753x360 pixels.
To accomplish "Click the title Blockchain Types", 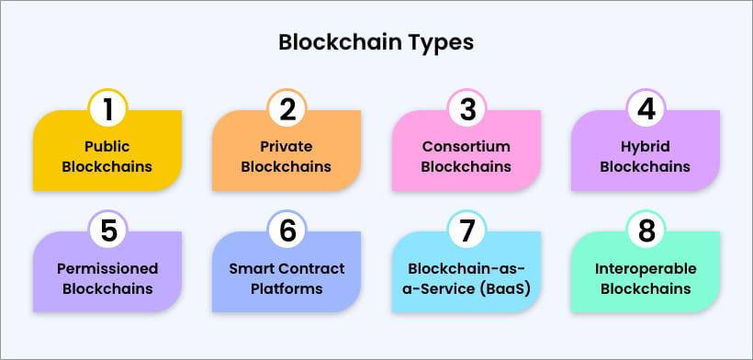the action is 376,42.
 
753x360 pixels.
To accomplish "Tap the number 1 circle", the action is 107,109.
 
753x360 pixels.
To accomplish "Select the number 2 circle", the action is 287,109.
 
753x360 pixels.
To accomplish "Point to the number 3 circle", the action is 466,109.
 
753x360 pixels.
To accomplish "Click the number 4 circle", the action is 646,109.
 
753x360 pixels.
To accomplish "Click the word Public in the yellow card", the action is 107,146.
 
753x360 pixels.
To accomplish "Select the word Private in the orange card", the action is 287,146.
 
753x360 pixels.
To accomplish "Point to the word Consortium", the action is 466,146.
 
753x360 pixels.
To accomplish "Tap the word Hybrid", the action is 646,146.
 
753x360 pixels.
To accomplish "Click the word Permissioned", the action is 107,268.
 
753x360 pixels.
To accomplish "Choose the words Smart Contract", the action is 287,268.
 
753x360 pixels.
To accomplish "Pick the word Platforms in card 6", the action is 287,288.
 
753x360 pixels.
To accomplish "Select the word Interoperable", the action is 646,268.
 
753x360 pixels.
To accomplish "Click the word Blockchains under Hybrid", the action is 646,167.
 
